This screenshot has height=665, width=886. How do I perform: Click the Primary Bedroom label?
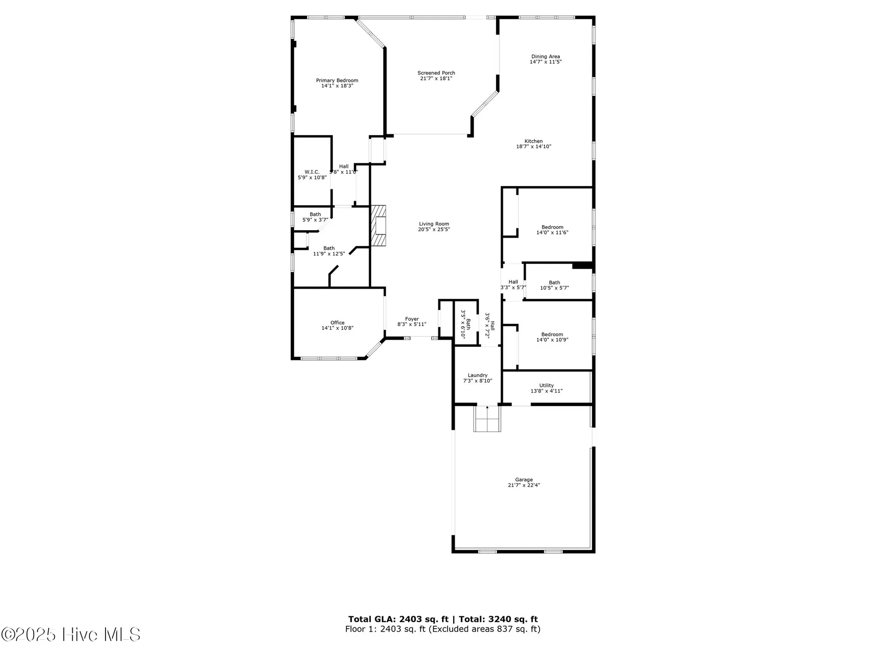pos(337,81)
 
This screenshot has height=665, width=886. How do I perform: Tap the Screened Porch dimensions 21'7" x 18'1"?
pos(436,78)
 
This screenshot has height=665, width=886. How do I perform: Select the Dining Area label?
pos(545,57)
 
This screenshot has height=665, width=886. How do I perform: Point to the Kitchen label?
pos(533,141)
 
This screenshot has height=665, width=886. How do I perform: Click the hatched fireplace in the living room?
pos(379,226)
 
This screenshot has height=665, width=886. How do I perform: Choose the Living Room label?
pos(434,224)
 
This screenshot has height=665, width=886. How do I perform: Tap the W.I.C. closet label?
pos(312,172)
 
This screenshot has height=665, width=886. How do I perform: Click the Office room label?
pos(337,323)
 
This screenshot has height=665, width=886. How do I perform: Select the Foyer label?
pos(412,319)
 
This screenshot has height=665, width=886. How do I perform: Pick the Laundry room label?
pos(478,376)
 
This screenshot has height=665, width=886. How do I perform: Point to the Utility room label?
pos(546,386)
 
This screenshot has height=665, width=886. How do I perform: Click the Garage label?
pos(524,480)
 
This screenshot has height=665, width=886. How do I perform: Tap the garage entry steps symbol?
pos(487,419)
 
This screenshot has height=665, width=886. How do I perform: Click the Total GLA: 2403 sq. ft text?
pos(398,619)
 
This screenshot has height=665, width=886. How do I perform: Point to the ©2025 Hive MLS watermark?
pos(71,634)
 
